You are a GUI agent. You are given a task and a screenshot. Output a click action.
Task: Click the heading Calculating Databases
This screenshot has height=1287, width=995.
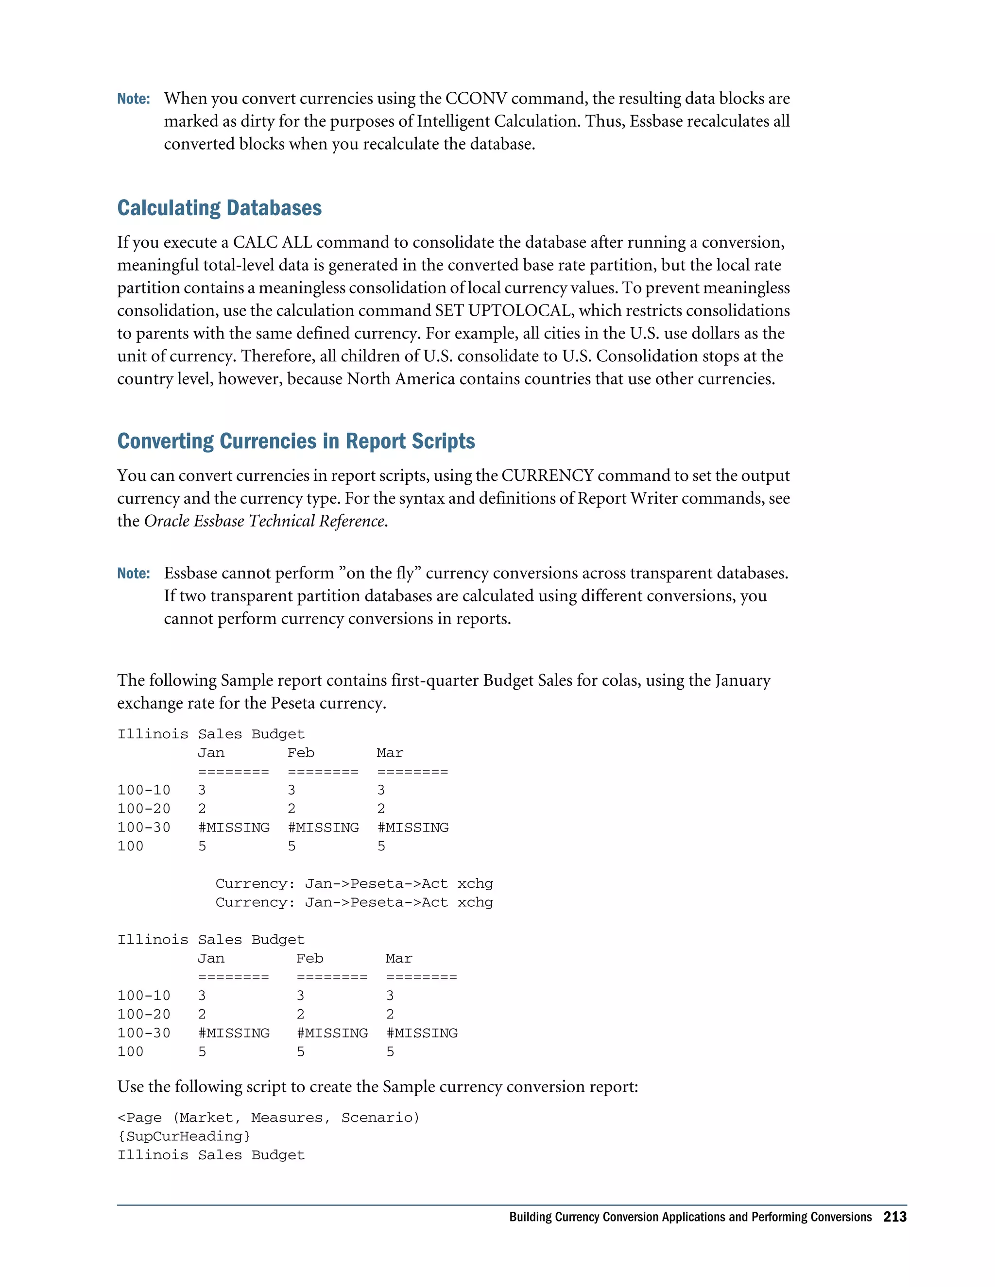219,208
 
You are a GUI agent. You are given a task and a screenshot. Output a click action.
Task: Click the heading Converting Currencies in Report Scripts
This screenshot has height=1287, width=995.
296,441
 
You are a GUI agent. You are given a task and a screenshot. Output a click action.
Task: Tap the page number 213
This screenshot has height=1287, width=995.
894,1217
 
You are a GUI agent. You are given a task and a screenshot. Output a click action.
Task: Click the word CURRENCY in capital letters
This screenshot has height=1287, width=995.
547,475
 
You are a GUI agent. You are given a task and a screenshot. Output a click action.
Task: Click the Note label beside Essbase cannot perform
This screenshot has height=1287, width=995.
133,574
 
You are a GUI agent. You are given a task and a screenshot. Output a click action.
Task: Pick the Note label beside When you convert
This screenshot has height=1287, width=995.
133,99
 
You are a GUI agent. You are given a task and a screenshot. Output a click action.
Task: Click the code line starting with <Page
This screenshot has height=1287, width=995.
268,1118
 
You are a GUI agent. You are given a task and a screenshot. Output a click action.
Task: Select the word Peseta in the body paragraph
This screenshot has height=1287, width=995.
293,703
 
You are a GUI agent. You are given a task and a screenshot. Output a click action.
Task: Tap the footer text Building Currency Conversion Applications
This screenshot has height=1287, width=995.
690,1217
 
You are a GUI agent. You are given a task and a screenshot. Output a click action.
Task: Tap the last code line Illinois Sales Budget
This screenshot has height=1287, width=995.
211,1155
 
